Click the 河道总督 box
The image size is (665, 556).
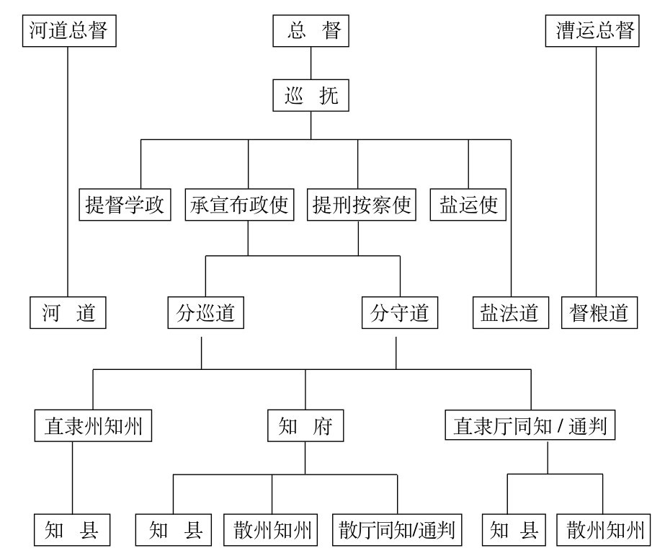click(69, 31)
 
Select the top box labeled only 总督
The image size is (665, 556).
click(311, 31)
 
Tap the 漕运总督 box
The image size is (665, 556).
click(592, 31)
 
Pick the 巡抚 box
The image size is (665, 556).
click(311, 95)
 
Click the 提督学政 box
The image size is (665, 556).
click(125, 205)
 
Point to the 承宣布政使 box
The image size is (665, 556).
click(240, 205)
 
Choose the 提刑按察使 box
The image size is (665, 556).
click(362, 205)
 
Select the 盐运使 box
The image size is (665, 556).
click(468, 205)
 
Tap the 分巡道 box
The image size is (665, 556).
click(205, 313)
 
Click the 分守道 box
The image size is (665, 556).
click(400, 313)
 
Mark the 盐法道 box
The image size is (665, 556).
click(511, 313)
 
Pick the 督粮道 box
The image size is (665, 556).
click(599, 313)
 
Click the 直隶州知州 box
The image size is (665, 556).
click(94, 425)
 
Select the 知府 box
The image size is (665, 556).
click(305, 425)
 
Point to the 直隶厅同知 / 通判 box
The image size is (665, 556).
click(530, 425)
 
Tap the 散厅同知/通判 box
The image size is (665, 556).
click(397, 530)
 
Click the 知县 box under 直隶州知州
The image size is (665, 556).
click(72, 530)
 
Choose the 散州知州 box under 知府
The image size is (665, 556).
click(271, 530)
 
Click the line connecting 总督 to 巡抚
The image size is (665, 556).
click(311, 63)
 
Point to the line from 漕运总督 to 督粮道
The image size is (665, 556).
click(596, 172)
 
